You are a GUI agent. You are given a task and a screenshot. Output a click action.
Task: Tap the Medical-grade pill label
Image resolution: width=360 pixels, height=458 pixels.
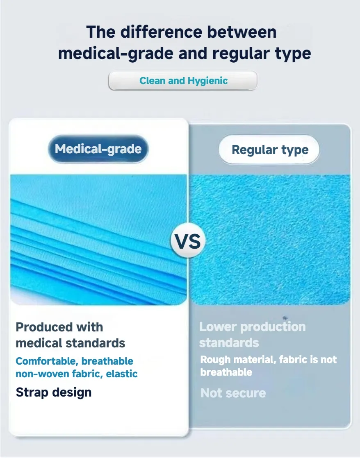(98, 149)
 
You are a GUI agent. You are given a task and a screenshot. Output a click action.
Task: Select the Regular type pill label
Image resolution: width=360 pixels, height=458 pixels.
(269, 150)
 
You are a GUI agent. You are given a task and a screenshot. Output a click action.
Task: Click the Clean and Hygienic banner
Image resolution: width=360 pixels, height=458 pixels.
(183, 81)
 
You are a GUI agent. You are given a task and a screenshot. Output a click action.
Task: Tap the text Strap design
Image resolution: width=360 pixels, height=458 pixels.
(53, 392)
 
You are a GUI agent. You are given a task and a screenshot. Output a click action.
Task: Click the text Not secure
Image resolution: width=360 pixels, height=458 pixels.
(233, 393)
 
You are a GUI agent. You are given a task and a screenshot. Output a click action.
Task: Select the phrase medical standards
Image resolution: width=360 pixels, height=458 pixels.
(70, 342)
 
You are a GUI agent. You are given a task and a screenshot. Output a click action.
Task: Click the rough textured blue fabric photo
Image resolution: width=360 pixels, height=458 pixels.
(271, 240)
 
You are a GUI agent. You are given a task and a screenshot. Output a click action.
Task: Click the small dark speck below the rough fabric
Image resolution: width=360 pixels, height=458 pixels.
(285, 317)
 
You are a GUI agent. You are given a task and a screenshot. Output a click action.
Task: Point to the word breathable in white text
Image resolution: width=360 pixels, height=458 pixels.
(226, 372)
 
